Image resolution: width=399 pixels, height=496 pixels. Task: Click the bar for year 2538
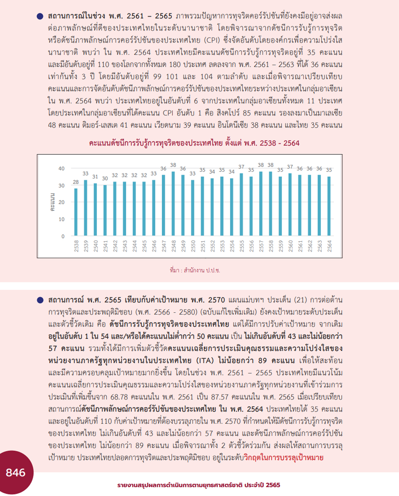click(x=76, y=212)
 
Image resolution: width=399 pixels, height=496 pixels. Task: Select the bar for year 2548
click(x=173, y=203)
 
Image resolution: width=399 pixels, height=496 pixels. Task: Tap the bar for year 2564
click(x=329, y=206)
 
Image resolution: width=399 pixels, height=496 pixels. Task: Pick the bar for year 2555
click(x=241, y=204)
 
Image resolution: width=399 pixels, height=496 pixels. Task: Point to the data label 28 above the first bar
click(x=75, y=182)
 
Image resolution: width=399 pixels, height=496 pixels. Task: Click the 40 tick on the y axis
click(x=61, y=168)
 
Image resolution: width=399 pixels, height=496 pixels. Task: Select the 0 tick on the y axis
click(x=63, y=236)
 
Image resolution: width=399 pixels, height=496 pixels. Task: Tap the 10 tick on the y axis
click(x=61, y=219)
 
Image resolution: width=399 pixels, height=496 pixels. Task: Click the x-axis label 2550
click(x=193, y=246)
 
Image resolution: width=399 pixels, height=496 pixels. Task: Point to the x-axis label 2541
click(x=105, y=246)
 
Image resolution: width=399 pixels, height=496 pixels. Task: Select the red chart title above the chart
click(x=194, y=143)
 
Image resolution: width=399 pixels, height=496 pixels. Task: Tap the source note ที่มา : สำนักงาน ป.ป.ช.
click(x=195, y=270)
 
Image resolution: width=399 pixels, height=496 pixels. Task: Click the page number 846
click(x=16, y=472)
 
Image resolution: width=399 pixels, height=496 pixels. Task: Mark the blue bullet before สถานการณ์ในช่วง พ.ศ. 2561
click(x=40, y=16)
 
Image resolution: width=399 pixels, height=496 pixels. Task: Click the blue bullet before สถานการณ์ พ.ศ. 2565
click(x=40, y=300)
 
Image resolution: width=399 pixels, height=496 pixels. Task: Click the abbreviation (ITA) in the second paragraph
click(x=205, y=361)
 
